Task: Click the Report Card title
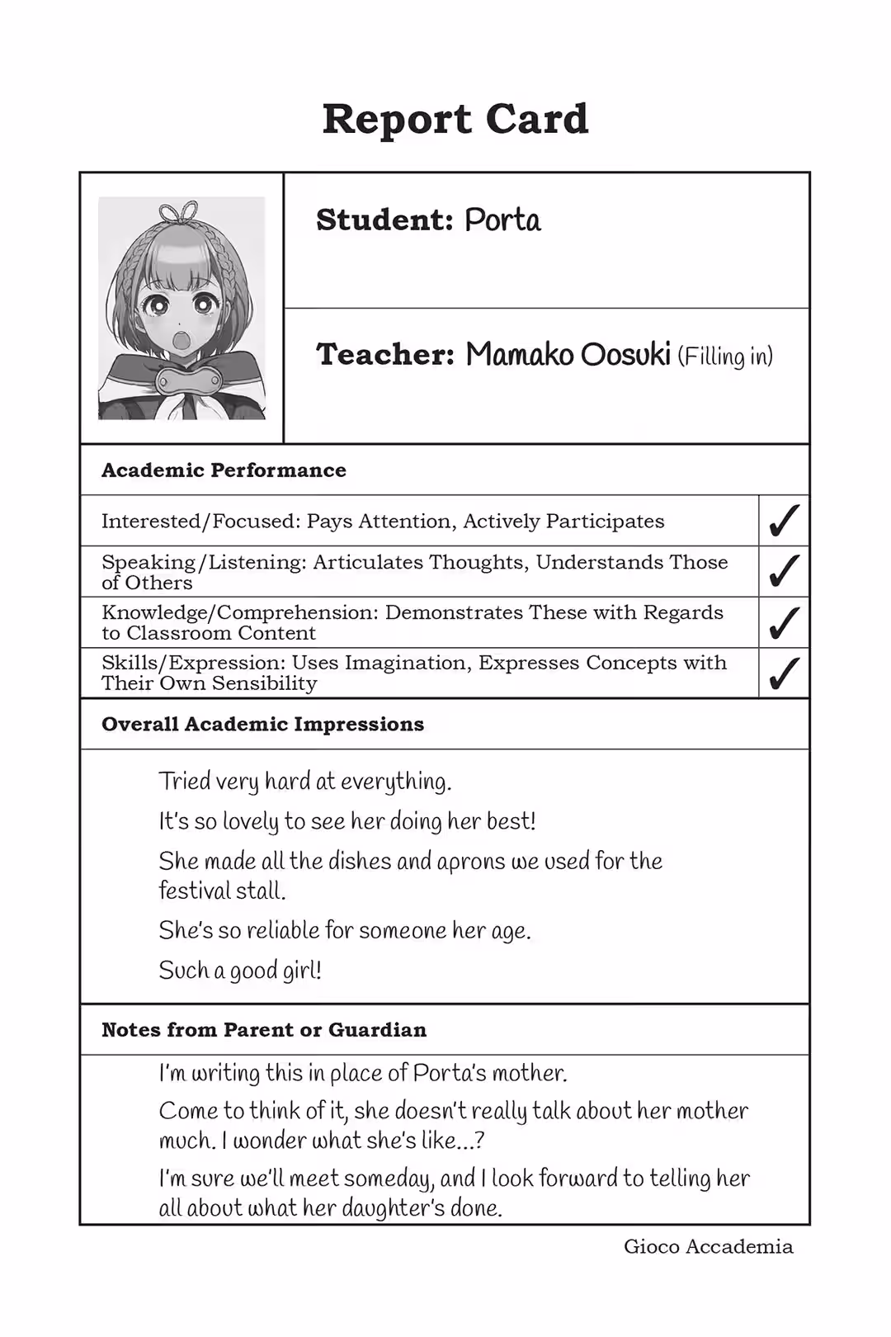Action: click(x=455, y=120)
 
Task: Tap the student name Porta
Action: click(x=502, y=220)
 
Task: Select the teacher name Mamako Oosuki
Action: click(x=568, y=355)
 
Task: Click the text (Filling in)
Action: click(x=725, y=357)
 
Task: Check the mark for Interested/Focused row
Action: click(x=783, y=521)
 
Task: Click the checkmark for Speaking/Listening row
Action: click(x=783, y=571)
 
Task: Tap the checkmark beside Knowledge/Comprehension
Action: click(x=783, y=622)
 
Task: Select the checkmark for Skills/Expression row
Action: click(x=783, y=673)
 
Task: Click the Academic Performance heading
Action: click(x=224, y=470)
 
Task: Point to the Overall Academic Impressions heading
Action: click(x=262, y=725)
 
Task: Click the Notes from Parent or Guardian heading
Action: click(x=264, y=1030)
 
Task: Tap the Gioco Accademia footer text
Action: click(x=708, y=1247)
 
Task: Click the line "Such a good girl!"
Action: click(x=240, y=971)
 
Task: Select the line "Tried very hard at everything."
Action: click(x=305, y=782)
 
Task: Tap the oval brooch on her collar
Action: click(x=189, y=381)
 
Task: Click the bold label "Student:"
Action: click(x=384, y=220)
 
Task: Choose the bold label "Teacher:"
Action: click(x=385, y=355)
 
